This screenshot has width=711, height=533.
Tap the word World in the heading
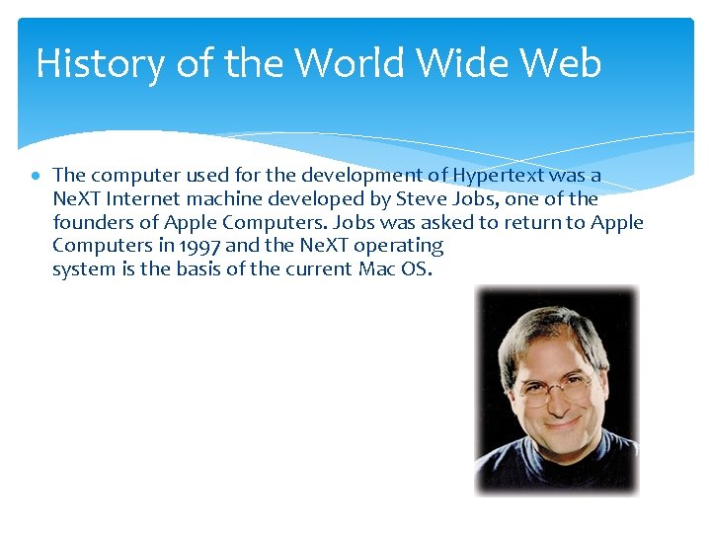click(x=350, y=64)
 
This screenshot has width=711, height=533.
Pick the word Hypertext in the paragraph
click(x=495, y=175)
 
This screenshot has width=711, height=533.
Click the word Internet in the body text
click(x=149, y=198)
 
